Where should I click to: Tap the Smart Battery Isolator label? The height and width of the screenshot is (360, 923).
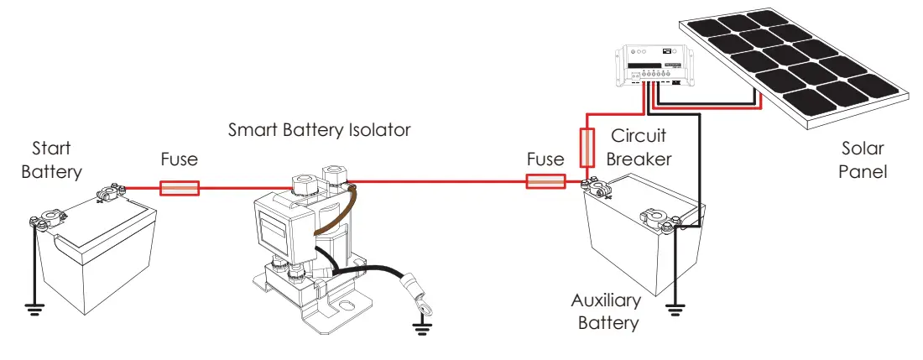(x=320, y=130)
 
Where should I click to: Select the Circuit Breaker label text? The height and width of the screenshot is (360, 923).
(x=639, y=147)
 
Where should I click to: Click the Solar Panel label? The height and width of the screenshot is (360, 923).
(x=863, y=160)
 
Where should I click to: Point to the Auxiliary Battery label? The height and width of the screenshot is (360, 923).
(x=606, y=311)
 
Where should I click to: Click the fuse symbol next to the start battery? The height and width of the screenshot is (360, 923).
(x=180, y=188)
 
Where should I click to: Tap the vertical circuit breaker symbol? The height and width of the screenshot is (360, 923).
(x=588, y=149)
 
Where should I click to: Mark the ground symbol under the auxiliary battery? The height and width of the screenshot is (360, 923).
(x=674, y=312)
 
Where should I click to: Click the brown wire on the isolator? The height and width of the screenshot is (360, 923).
(x=330, y=217)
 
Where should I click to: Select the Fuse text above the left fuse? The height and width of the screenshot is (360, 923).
(x=180, y=159)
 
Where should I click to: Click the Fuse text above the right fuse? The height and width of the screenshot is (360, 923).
(x=545, y=159)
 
